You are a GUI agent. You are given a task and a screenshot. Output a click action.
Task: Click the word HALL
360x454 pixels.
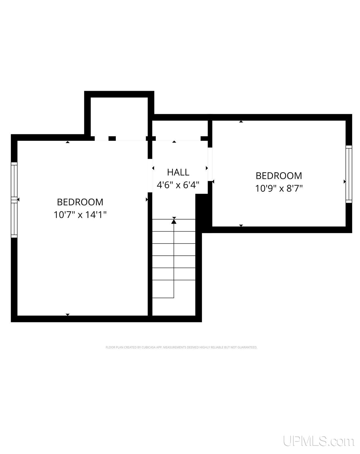point(178,172)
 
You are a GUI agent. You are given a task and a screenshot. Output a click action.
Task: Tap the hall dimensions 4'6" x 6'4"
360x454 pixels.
point(178,185)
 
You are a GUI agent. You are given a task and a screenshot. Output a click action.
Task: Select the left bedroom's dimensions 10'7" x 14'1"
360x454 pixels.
point(80,215)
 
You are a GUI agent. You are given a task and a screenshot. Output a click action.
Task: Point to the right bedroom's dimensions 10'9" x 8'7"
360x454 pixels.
point(279,188)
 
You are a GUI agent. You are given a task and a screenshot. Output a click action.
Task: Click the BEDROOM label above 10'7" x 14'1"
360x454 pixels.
point(80,202)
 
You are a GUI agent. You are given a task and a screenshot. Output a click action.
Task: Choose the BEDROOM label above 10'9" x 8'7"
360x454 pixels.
point(279,176)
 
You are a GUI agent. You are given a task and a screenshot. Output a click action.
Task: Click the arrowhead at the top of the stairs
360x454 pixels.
point(174,221)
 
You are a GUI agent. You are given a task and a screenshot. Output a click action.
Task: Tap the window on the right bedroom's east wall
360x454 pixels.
point(349,174)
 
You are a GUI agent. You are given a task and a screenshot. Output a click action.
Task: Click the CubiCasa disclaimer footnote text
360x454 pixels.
point(182,348)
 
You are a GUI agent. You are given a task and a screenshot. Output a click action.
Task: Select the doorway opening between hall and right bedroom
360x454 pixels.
point(210,164)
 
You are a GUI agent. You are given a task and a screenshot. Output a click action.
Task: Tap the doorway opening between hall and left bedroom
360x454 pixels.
point(150,176)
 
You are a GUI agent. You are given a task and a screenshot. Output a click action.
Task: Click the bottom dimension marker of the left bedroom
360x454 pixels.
point(68,314)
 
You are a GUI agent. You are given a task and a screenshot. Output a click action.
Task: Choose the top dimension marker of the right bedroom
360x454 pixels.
point(241,121)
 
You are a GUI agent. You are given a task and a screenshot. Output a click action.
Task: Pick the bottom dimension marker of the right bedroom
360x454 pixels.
point(241,225)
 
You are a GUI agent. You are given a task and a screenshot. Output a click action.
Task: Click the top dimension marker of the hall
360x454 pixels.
point(174,142)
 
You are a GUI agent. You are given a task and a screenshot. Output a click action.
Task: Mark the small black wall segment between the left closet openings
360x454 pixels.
point(112,138)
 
